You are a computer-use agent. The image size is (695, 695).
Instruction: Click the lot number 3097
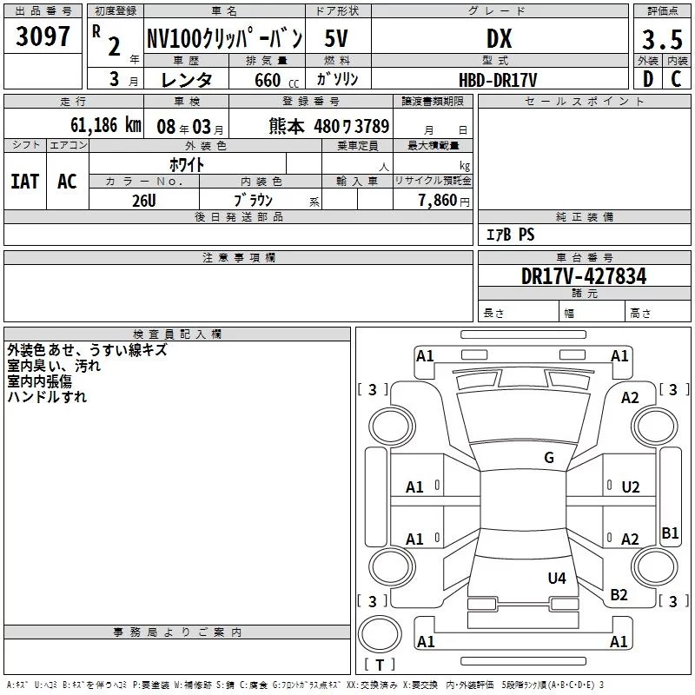tap(43, 36)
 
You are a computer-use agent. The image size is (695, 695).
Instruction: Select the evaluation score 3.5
tap(662, 39)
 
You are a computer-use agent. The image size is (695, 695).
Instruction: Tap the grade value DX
tap(499, 38)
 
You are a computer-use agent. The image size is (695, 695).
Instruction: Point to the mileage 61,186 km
tap(105, 125)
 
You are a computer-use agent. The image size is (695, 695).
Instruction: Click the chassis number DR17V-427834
tap(584, 276)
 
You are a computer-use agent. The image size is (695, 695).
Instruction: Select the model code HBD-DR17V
tap(498, 80)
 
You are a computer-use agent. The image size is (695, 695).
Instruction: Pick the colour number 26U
tap(144, 201)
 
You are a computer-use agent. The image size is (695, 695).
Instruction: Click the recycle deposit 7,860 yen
tap(444, 201)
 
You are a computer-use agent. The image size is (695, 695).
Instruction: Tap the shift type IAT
tap(25, 182)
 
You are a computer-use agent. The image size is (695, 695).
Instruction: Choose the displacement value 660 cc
tap(276, 80)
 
